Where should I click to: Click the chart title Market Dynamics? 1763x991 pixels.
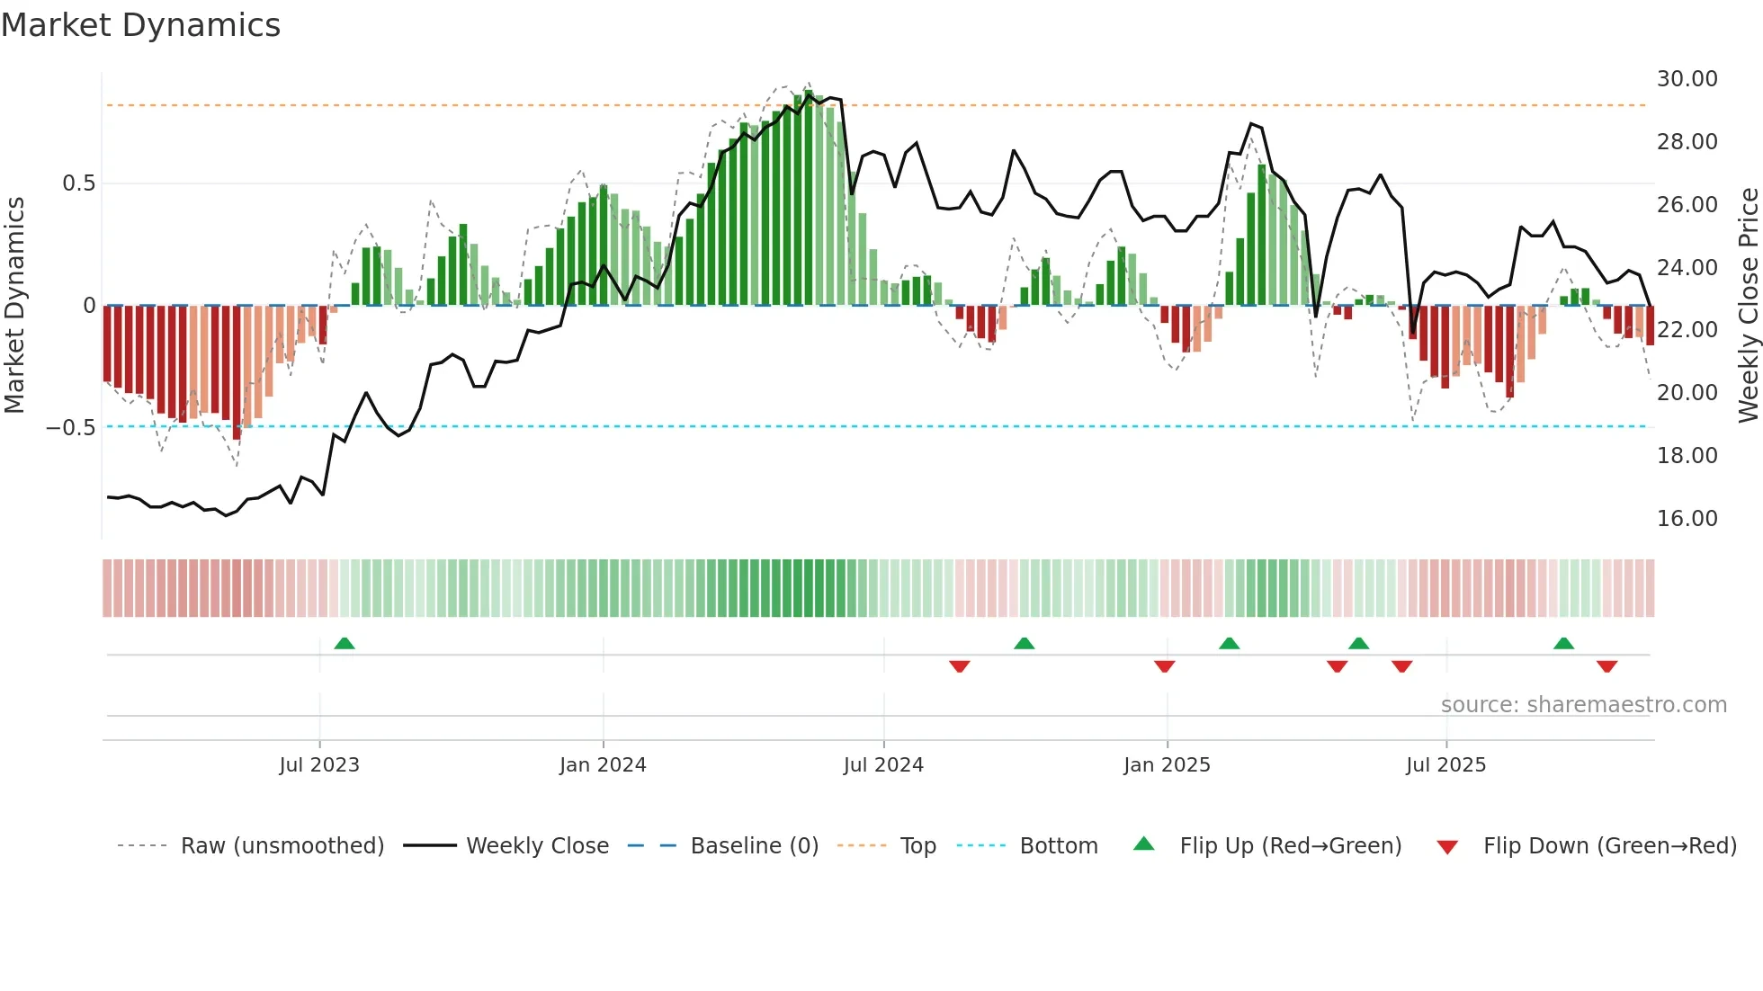140,25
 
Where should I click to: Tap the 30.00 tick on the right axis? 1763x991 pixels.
1687,79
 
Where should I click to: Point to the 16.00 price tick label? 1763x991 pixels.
1687,519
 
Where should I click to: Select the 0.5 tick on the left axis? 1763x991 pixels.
78,183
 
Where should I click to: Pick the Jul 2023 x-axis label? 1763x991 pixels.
319,765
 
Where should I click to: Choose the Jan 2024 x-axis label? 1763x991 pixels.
603,765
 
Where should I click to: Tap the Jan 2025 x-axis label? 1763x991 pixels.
1167,765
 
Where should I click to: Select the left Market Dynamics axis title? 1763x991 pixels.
14,306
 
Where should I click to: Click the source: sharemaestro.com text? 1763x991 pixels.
1583,705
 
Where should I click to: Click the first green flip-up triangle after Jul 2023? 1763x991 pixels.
345,643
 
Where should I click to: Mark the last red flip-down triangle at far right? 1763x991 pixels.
1607,666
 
